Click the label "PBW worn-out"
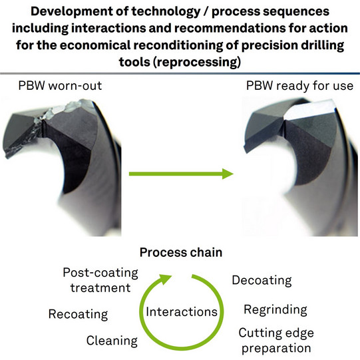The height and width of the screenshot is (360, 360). click(x=60, y=86)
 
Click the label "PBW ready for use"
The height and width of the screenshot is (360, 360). click(x=299, y=86)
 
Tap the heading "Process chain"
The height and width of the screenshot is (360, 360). click(x=181, y=253)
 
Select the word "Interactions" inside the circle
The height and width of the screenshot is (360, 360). click(x=182, y=312)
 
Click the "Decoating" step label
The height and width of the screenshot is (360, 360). click(x=262, y=281)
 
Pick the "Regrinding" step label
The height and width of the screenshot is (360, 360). click(x=275, y=310)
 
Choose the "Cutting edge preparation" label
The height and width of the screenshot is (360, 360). click(x=276, y=341)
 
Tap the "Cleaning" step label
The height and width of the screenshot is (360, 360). click(x=112, y=341)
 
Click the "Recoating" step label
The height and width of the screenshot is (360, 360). click(x=78, y=314)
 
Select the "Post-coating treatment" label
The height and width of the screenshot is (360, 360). click(x=100, y=280)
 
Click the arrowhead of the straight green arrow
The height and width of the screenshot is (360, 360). click(x=228, y=174)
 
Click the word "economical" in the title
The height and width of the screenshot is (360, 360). click(x=95, y=45)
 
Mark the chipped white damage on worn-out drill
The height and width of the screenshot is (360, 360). click(x=62, y=110)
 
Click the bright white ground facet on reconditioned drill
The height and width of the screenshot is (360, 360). click(x=309, y=110)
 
